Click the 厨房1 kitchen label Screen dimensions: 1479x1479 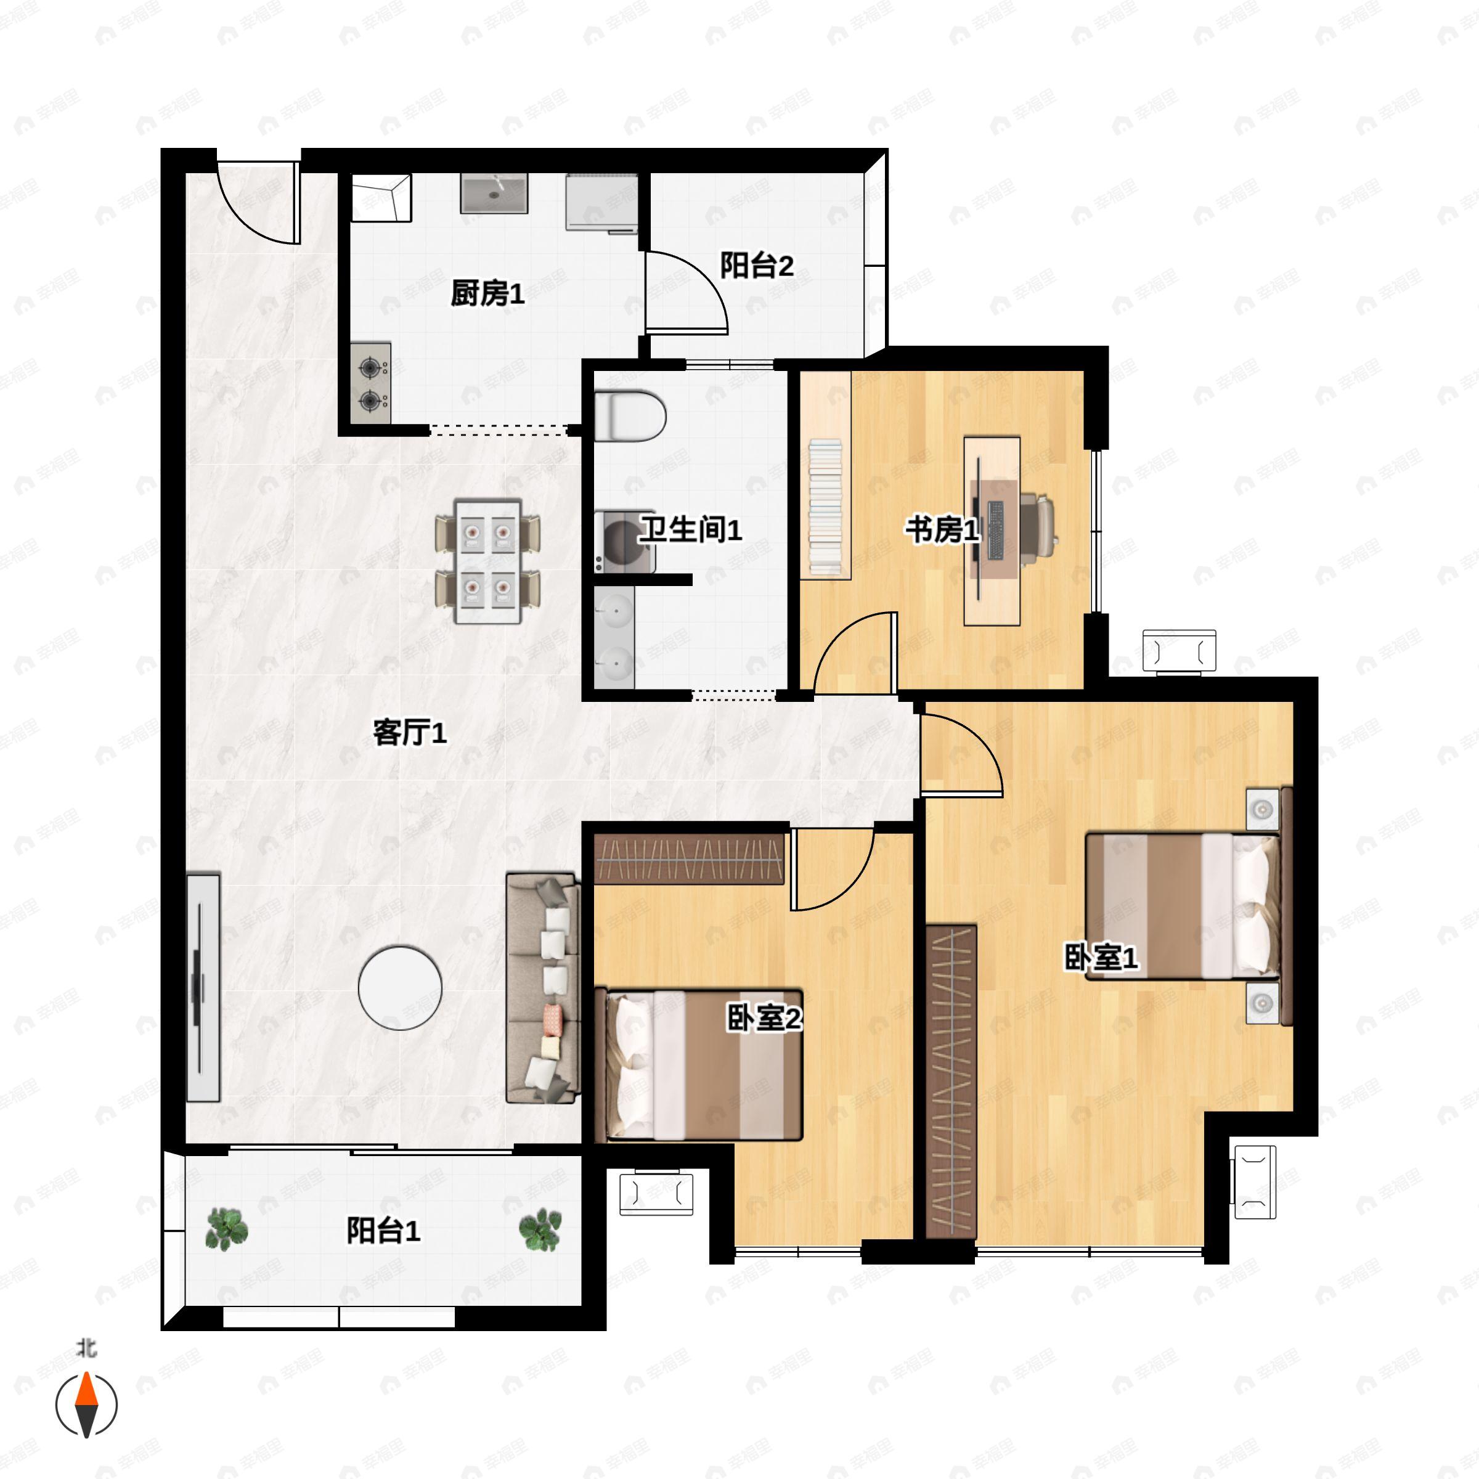pyautogui.click(x=487, y=293)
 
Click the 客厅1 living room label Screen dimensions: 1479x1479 pyautogui.click(x=410, y=733)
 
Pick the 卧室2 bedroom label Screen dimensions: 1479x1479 pyautogui.click(x=764, y=1018)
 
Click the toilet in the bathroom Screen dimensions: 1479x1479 pyautogui.click(x=629, y=416)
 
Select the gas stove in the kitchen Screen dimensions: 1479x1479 pyautogui.click(x=371, y=383)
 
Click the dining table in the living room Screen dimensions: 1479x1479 pyautogui.click(x=487, y=561)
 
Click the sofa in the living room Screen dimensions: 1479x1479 pyautogui.click(x=542, y=988)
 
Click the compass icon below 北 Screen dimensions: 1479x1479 pyautogui.click(x=86, y=1405)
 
